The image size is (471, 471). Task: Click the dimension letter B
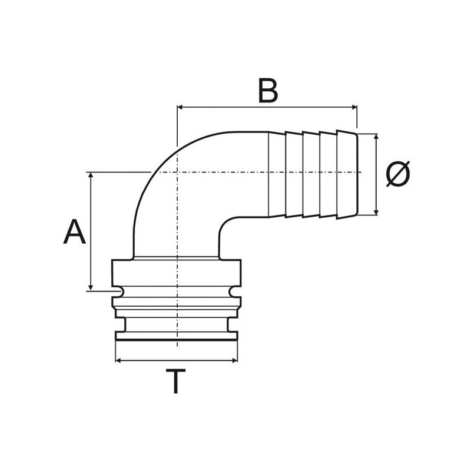tap(268, 91)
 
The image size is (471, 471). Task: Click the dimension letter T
tap(175, 382)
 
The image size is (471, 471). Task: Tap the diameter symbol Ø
tap(397, 174)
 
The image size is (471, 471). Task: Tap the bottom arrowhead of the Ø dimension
tap(376, 212)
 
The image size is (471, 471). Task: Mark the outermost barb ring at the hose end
tap(347, 174)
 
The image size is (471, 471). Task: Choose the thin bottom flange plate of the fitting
tap(177, 336)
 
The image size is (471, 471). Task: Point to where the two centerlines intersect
tap(177, 172)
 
